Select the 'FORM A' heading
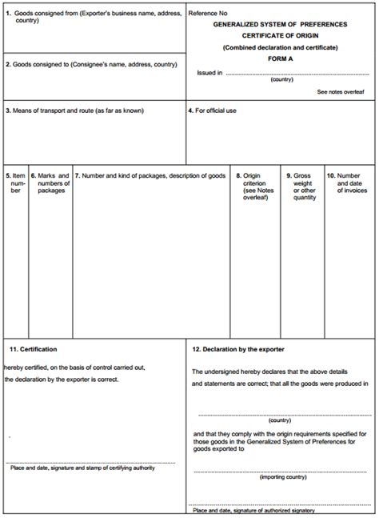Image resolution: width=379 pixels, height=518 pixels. [281, 59]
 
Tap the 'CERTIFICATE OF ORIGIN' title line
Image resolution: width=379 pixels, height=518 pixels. [281, 36]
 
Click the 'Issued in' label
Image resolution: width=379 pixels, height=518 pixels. [209, 72]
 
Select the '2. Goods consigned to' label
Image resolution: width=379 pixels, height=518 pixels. [91, 63]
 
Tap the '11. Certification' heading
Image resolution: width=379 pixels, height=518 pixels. [34, 349]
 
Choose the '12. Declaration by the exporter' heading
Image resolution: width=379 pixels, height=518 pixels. [238, 349]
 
